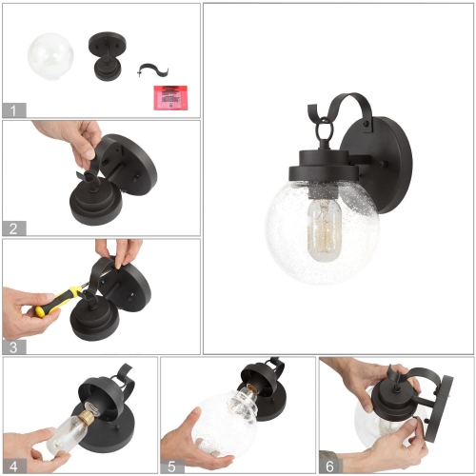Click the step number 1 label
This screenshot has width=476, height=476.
[x=11, y=109]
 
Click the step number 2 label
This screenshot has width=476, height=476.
[x=11, y=228]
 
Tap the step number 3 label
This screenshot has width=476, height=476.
[x=11, y=347]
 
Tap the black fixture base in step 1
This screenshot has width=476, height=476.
[x=104, y=56]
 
